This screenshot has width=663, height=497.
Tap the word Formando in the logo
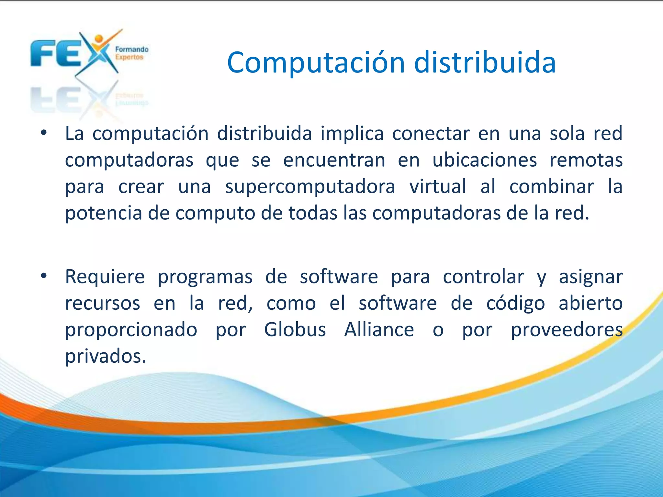[x=132, y=50]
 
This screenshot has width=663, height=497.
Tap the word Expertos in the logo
[x=129, y=57]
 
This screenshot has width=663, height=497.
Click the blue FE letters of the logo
[x=55, y=53]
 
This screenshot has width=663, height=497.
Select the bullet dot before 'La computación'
[x=44, y=133]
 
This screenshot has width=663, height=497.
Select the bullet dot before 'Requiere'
[x=44, y=276]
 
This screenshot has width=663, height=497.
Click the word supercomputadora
[x=310, y=187]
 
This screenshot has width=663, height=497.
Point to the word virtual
[x=438, y=186]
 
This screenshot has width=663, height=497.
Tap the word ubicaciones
[x=485, y=160]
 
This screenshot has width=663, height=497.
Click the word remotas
[x=586, y=160]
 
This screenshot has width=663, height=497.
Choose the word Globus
[x=295, y=330]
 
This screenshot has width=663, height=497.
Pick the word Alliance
[x=379, y=330]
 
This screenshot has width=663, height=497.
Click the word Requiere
[x=105, y=277]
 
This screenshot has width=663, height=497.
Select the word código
[x=516, y=304]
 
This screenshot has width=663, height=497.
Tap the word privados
[x=106, y=356]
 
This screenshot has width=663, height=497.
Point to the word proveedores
[x=567, y=330]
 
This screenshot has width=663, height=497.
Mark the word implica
[x=352, y=133]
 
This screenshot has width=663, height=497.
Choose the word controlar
[x=483, y=277]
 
